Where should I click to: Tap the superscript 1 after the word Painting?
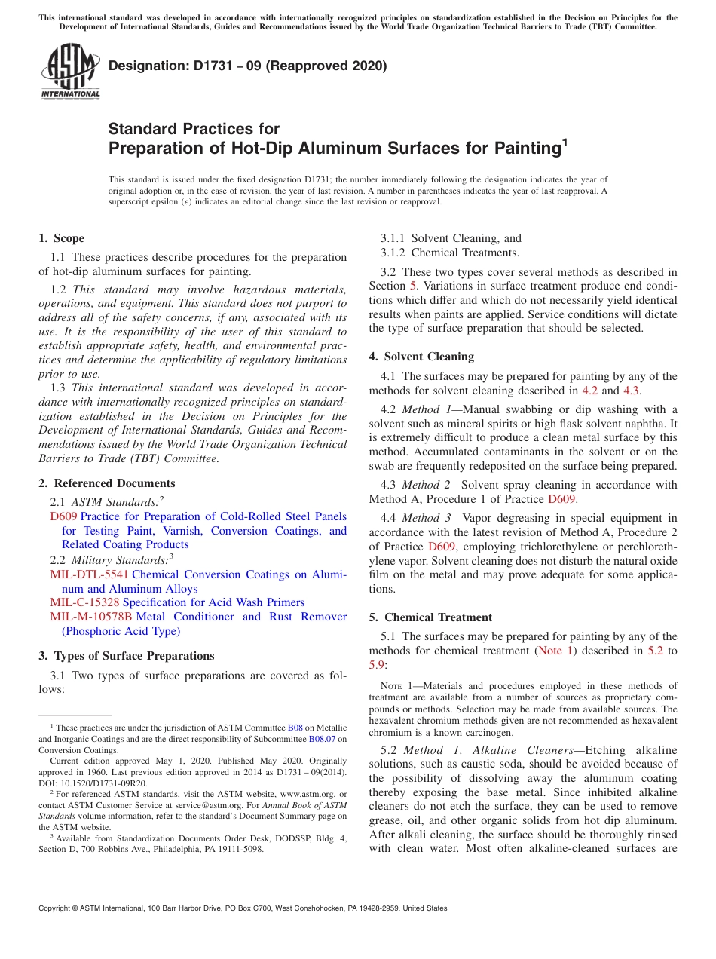(565, 141)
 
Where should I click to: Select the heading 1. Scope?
(61, 238)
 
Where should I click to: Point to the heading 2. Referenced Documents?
(106, 483)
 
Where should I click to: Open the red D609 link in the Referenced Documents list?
(63, 516)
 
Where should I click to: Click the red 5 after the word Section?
(412, 286)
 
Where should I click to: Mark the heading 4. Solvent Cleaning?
(421, 357)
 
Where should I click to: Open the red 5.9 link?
(377, 664)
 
